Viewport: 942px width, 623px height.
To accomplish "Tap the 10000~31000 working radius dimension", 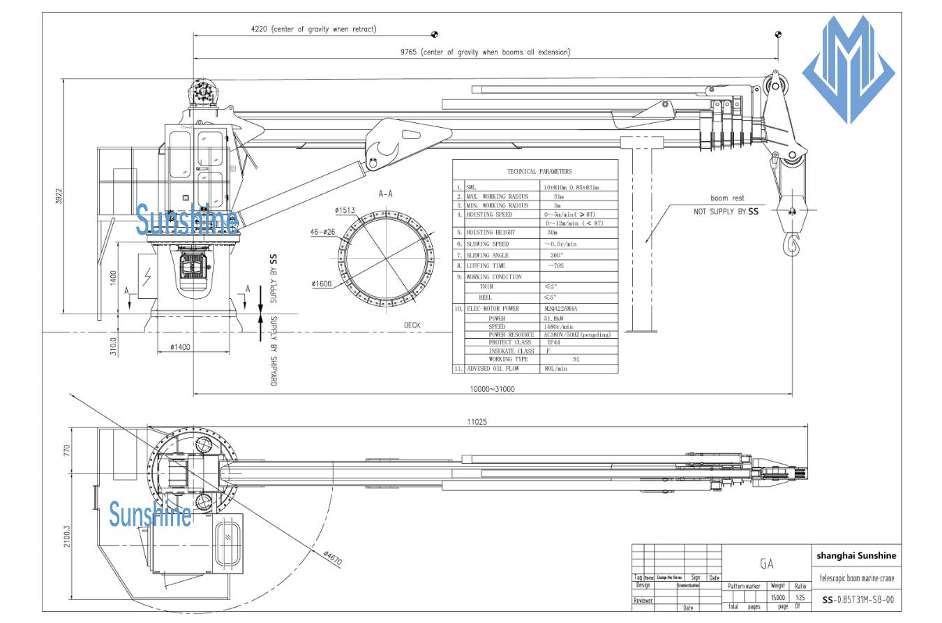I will tap(491, 389).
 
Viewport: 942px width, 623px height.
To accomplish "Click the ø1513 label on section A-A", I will tap(345, 210).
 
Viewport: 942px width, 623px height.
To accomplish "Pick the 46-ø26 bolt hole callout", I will tap(322, 232).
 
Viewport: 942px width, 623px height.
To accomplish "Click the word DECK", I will tap(412, 325).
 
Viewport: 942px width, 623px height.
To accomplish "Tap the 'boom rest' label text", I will tap(727, 198).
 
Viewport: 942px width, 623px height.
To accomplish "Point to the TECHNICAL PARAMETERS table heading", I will tap(539, 171).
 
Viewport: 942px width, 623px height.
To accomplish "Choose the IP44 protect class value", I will tap(553, 343).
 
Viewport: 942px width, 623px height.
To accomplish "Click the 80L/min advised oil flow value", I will tap(556, 368).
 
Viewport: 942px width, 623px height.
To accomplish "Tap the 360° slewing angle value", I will tap(557, 255).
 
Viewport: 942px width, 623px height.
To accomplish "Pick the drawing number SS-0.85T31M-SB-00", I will tap(858, 599).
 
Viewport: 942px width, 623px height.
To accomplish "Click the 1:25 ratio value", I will tap(800, 598).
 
